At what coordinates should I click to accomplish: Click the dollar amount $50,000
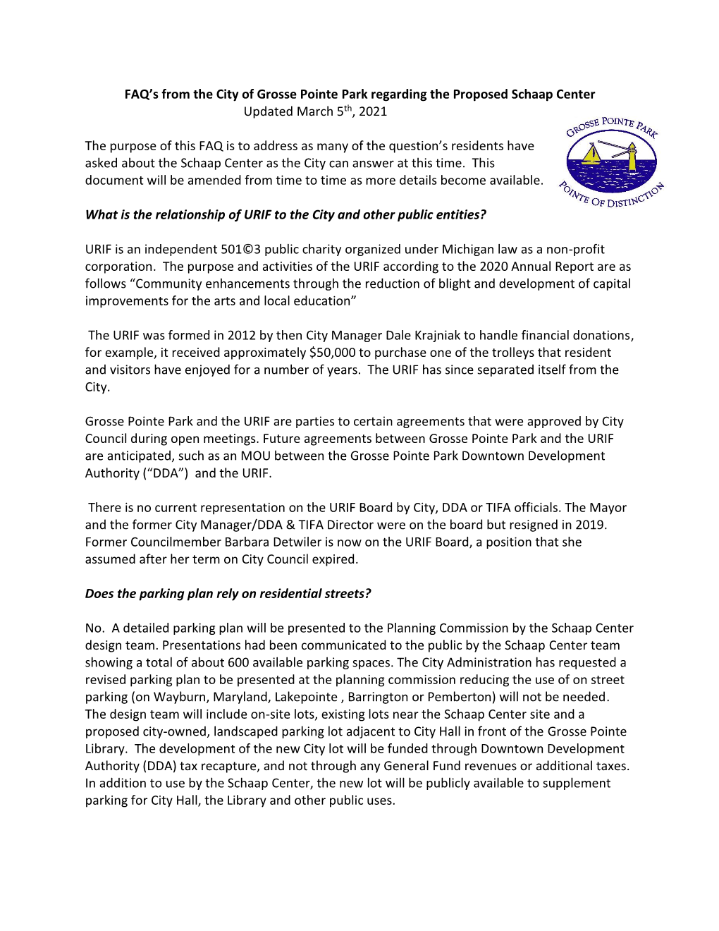coord(333,353)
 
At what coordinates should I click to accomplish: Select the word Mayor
coord(608,508)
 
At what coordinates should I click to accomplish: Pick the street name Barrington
coord(379,698)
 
